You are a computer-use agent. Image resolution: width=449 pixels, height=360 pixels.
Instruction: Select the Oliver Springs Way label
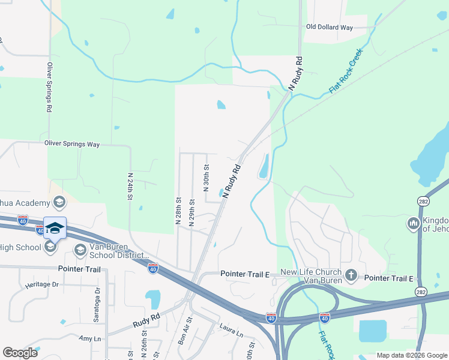pyautogui.click(x=72, y=144)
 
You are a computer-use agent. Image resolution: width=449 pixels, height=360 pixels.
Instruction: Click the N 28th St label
pyautogui.click(x=178, y=210)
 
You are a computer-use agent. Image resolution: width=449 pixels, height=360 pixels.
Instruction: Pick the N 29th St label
pyautogui.click(x=191, y=212)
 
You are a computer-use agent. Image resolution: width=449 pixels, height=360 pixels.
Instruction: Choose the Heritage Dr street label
pyautogui.click(x=42, y=284)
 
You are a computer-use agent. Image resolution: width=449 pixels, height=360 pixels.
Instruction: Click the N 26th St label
pyautogui.click(x=145, y=350)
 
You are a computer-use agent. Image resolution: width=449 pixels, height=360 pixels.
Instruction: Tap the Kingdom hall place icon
pyautogui.click(x=413, y=224)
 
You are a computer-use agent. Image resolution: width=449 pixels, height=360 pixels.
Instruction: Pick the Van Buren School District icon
pyautogui.click(x=80, y=250)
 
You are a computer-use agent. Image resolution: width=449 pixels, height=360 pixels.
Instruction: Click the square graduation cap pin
pyautogui.click(x=55, y=228)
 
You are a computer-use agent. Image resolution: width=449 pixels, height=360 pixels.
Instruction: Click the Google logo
pyautogui.click(x=20, y=353)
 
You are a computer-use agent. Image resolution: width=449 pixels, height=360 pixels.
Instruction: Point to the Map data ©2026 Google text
pyautogui.click(x=411, y=355)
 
